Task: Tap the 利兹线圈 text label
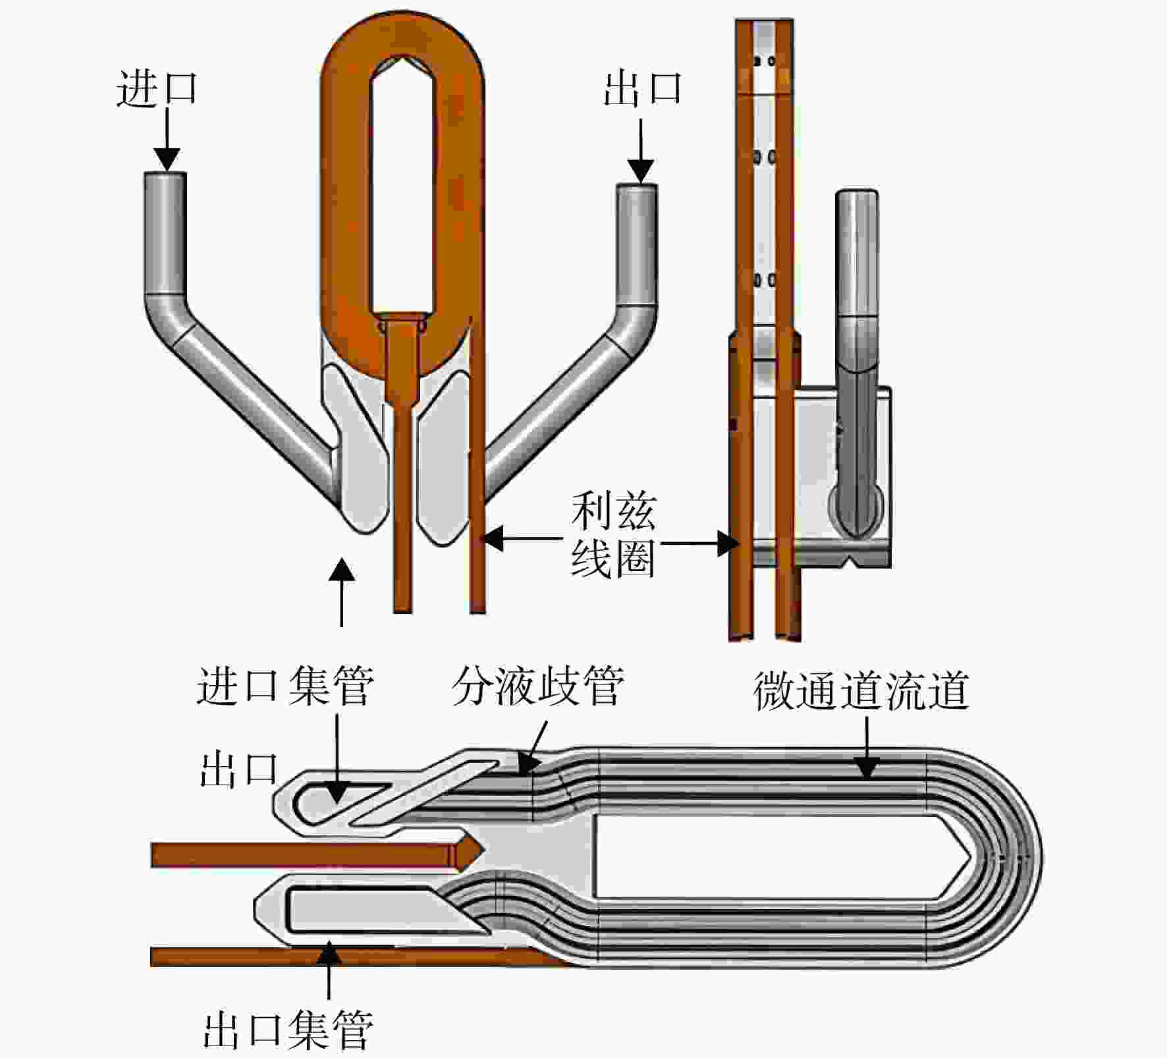pos(613,534)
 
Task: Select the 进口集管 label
pos(285,686)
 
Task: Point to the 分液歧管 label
pos(538,686)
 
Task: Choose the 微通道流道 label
pos(861,690)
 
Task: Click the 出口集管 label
pos(288,1031)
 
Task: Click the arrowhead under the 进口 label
pos(167,159)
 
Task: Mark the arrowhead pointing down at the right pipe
pos(641,171)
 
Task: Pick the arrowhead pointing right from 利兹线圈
pos(727,543)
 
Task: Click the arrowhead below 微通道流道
pos(867,766)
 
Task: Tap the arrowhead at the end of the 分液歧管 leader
pos(528,764)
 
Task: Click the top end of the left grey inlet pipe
pos(165,173)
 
